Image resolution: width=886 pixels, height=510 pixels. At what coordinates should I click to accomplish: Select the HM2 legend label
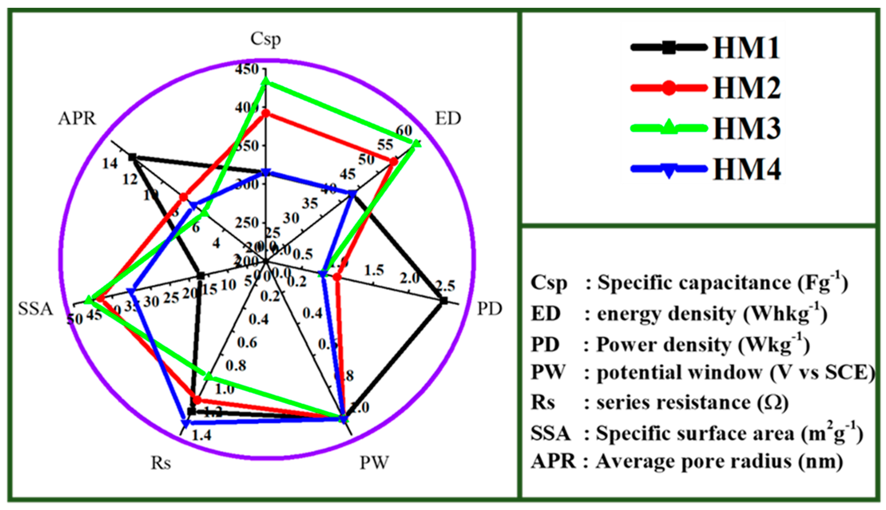click(747, 88)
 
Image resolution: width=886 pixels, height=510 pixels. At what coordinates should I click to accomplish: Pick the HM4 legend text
click(747, 169)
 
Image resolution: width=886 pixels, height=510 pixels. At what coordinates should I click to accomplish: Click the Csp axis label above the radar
click(265, 39)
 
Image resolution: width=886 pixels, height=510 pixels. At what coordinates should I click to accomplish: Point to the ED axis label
click(448, 119)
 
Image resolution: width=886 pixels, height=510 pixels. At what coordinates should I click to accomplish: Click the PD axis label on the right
click(490, 309)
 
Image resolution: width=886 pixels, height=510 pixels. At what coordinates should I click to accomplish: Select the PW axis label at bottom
click(374, 463)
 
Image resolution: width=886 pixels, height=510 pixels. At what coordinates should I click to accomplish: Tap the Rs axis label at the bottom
click(161, 463)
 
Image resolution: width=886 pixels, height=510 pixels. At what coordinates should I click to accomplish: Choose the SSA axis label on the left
click(35, 309)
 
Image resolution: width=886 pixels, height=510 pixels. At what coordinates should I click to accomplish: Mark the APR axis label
click(77, 119)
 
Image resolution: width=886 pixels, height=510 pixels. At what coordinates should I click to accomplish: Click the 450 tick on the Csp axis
click(247, 69)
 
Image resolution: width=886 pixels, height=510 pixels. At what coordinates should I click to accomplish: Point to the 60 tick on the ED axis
click(404, 131)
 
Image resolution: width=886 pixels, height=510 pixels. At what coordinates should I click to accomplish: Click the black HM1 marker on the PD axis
click(444, 300)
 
